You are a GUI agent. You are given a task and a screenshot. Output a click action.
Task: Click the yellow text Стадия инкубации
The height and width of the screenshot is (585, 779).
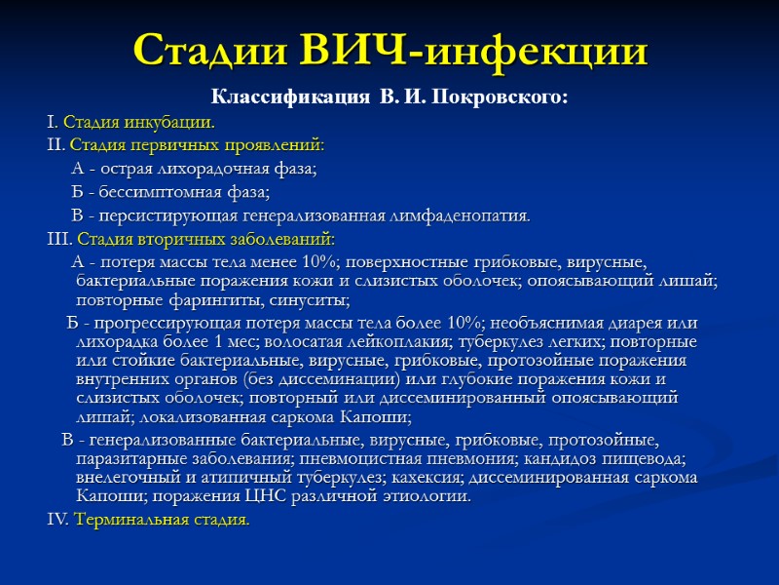pos(138,123)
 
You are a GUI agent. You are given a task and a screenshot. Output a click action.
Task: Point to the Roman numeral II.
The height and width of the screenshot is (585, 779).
pos(55,145)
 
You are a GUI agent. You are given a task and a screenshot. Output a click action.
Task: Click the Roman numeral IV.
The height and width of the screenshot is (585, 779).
pos(57,520)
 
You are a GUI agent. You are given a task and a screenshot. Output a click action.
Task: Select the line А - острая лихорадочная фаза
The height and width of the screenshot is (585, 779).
pos(195,169)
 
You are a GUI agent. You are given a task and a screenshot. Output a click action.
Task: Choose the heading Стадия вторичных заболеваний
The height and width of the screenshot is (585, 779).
pos(205,239)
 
